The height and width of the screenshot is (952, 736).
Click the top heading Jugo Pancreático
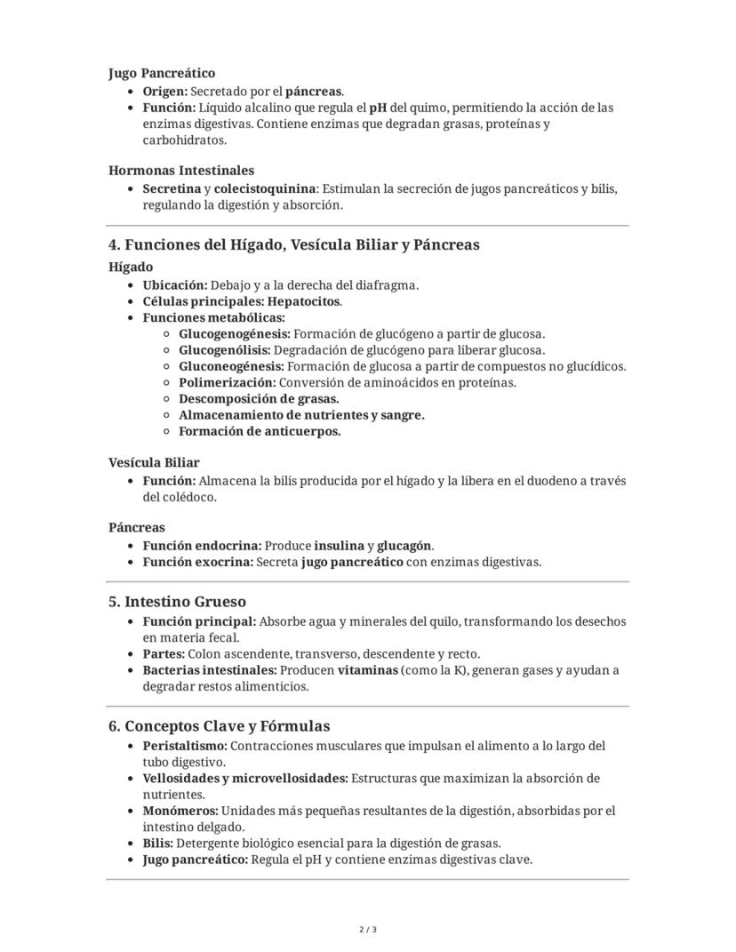click(x=162, y=73)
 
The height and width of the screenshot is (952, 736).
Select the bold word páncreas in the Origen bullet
click(x=313, y=92)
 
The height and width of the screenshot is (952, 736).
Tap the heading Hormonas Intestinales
click(x=181, y=170)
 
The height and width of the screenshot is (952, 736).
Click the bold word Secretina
click(x=172, y=188)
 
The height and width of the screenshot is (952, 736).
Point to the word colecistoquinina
click(x=265, y=188)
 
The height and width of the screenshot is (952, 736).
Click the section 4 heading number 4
click(x=114, y=244)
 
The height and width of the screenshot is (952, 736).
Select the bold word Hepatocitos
click(x=305, y=301)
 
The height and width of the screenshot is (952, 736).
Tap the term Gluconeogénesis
click(x=231, y=366)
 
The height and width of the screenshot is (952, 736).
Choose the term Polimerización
click(x=227, y=382)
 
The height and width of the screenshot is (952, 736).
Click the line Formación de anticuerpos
click(x=260, y=431)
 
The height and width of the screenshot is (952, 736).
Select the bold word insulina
click(x=339, y=546)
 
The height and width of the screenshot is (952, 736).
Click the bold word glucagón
click(x=404, y=546)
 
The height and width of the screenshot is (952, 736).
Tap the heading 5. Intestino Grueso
click(x=178, y=602)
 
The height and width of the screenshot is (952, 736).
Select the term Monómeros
click(x=180, y=811)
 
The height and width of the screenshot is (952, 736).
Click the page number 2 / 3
click(x=368, y=930)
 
